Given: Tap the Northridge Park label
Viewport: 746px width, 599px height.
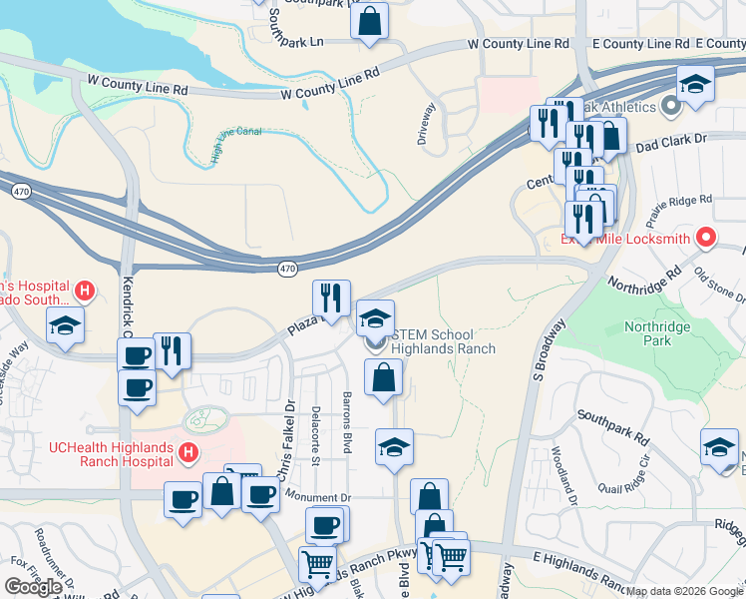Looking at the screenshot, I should point(658,333).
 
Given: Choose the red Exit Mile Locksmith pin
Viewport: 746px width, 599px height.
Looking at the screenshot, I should point(706,238).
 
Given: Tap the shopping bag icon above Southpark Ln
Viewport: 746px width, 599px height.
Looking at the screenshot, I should point(369,22).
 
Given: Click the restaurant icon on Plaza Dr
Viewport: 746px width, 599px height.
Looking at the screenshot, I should point(331,297).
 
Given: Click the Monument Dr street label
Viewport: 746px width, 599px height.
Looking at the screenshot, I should point(318,496).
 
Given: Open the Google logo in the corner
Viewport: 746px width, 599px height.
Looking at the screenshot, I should point(33,587).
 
